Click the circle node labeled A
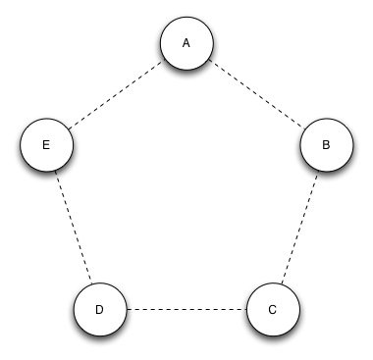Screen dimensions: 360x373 (186, 44)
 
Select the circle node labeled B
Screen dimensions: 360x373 (325, 144)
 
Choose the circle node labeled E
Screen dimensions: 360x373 (46, 144)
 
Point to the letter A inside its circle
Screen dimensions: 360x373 (186, 43)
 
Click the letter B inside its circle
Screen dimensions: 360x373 (325, 144)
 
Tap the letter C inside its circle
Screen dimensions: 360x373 (272, 309)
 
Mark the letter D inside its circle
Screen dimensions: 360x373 (99, 309)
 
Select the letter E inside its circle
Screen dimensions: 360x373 (46, 144)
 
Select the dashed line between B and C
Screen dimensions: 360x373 (298, 227)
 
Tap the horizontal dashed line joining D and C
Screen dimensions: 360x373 (186, 309)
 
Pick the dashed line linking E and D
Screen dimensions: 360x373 (73, 227)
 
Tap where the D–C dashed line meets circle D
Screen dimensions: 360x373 (126, 309)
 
